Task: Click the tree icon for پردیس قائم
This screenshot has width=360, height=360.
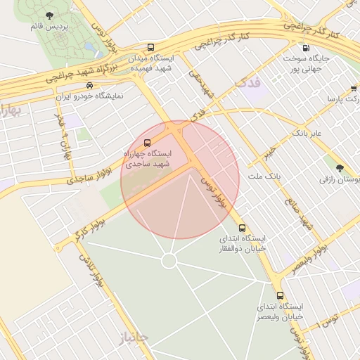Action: point(49,15)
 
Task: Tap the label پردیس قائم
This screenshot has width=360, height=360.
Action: point(44,27)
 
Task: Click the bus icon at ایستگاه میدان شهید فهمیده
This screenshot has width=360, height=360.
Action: point(150,48)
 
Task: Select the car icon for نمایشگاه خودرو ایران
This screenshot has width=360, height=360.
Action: point(89,85)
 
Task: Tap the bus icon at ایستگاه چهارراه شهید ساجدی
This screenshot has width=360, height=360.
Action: point(147,143)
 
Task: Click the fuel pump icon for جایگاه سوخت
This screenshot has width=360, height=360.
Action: point(305,49)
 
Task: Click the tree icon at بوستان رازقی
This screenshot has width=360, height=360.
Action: point(340,168)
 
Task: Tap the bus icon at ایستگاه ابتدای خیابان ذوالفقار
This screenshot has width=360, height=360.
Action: point(243,228)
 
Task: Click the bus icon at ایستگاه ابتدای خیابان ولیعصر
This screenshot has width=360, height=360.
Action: point(281,296)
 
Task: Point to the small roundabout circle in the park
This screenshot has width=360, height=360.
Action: point(169,261)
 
